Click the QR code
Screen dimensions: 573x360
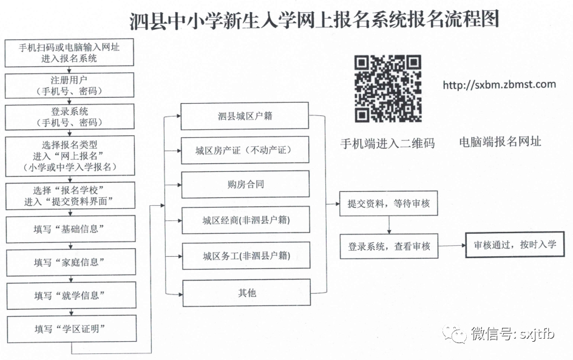[388, 89]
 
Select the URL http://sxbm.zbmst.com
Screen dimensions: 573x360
[499, 85]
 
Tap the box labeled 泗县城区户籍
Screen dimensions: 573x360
[245, 116]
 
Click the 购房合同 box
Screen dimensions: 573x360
[246, 185]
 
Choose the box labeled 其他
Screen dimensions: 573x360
[246, 293]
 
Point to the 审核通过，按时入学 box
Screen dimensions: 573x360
[515, 245]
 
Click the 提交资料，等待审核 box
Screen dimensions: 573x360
[388, 203]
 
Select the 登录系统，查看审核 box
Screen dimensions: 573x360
[389, 246]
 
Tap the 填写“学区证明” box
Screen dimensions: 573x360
[72, 329]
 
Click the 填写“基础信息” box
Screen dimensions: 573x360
[70, 229]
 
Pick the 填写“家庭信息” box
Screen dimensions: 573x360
[71, 262]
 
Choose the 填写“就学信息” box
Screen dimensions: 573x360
[71, 296]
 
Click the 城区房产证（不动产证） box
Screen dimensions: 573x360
[245, 150]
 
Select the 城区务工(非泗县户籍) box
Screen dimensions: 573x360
[246, 256]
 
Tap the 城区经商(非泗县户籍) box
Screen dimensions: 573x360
[246, 220]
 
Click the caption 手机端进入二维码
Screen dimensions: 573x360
[388, 144]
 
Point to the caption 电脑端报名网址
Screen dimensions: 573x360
[500, 142]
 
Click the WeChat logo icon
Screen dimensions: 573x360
[455, 334]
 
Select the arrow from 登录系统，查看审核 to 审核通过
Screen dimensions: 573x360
[452, 246]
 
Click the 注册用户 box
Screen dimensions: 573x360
[69, 86]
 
